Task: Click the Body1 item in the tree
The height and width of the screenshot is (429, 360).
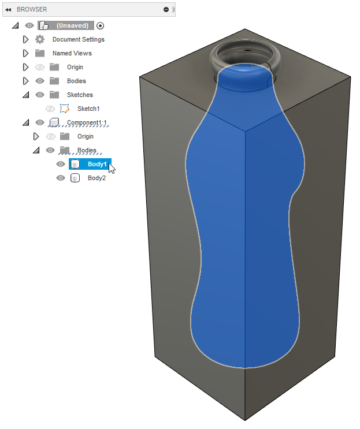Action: tap(97, 164)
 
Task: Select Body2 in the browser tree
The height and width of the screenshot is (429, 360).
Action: tap(97, 178)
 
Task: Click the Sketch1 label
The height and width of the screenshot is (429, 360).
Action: tap(88, 109)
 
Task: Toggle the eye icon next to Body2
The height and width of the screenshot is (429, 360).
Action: tap(61, 178)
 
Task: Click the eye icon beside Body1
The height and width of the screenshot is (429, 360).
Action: tap(61, 164)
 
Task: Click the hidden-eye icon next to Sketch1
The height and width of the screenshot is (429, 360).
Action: tap(50, 109)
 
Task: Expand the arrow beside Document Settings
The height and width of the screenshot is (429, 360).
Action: tap(25, 39)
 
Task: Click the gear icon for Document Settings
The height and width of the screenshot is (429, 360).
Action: tap(40, 39)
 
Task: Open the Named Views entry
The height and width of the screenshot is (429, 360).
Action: tap(72, 53)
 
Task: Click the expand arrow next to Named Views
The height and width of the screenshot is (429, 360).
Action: tap(25, 53)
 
